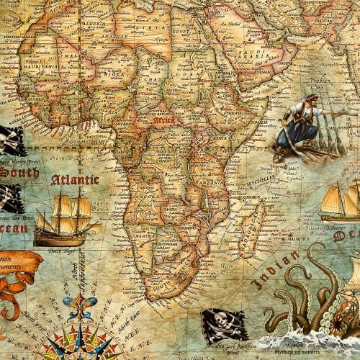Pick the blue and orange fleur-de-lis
pos(80,306)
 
